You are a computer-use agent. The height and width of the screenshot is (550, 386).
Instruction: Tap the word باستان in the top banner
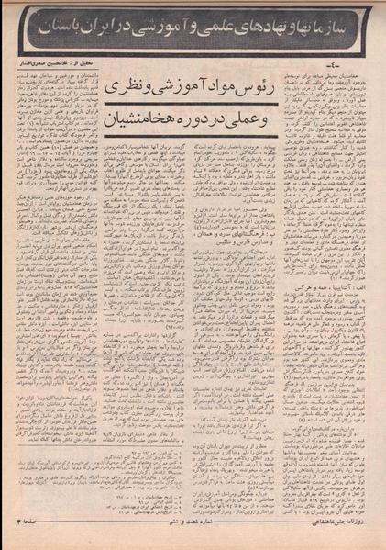tap(71, 34)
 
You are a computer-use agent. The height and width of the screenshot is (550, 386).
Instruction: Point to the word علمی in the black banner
tap(220, 34)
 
